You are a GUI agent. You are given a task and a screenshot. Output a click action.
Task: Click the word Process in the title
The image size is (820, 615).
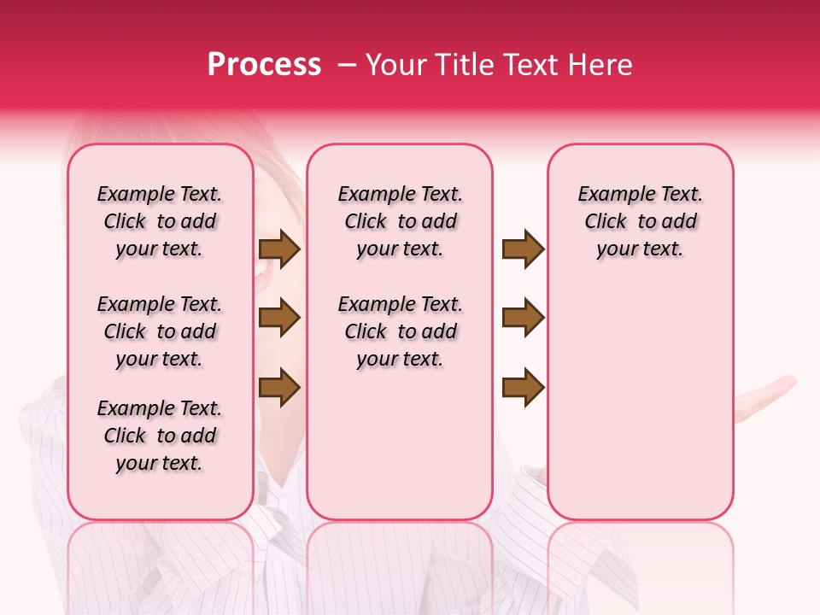click(264, 65)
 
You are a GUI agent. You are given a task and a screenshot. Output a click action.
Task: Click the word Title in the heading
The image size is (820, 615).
click(460, 65)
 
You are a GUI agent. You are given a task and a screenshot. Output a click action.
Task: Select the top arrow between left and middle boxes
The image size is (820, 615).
click(279, 249)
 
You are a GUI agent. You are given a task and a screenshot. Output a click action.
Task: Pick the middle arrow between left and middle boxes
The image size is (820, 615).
click(279, 319)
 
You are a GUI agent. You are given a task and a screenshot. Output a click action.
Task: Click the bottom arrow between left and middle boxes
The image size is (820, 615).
click(279, 387)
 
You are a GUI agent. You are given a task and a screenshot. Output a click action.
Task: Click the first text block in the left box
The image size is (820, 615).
click(160, 221)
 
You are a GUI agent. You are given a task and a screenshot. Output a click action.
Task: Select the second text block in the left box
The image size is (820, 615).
click(160, 331)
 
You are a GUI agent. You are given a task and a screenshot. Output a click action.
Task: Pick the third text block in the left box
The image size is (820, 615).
click(160, 436)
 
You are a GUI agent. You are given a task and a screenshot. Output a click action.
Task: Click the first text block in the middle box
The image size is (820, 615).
click(401, 221)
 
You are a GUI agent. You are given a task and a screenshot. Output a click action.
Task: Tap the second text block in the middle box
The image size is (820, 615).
click(401, 331)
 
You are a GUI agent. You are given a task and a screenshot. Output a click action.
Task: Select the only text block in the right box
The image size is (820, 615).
click(641, 221)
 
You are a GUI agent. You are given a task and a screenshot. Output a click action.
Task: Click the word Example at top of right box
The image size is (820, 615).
click(611, 194)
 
